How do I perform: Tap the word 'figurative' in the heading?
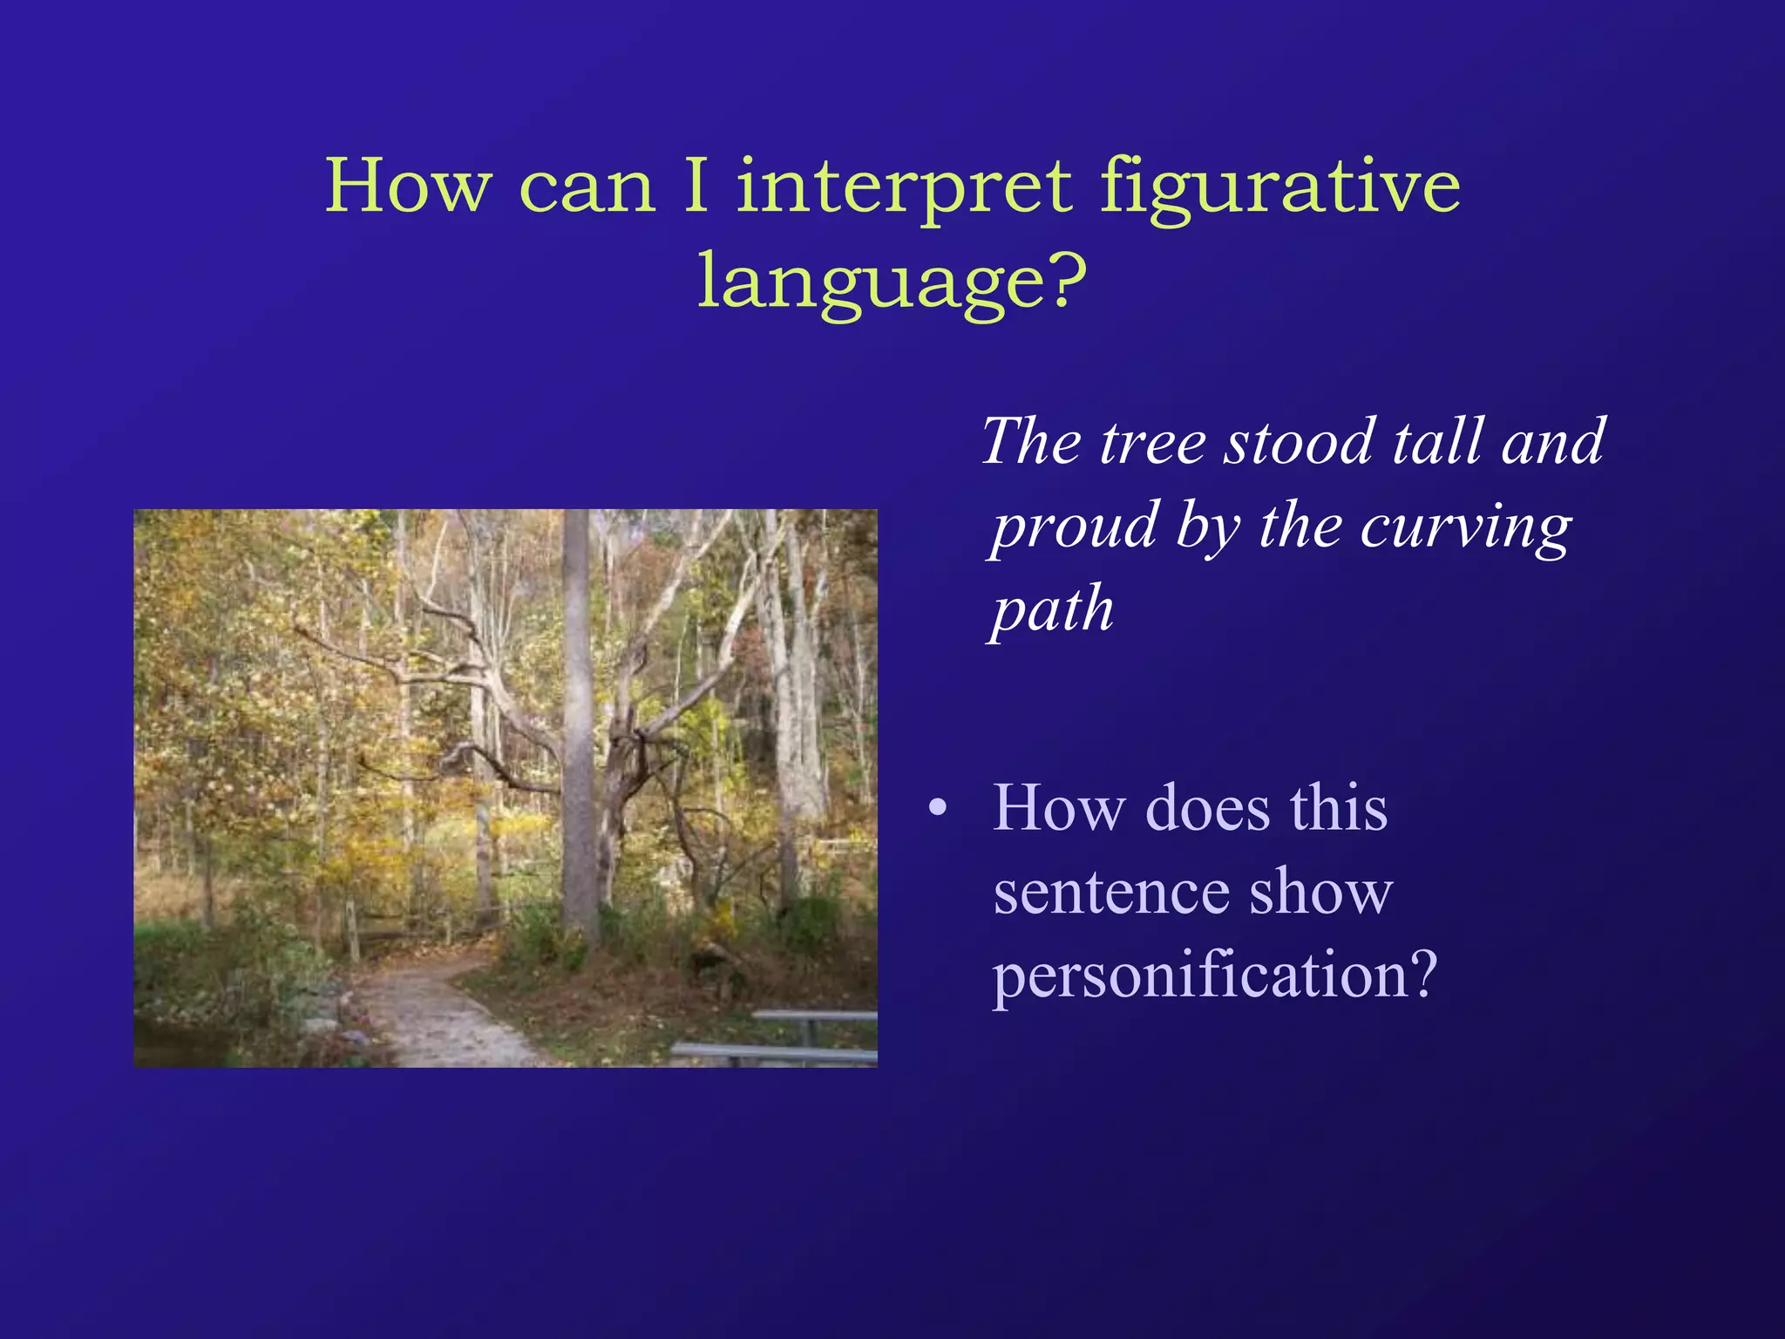point(1279,187)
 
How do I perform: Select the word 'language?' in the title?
point(892,282)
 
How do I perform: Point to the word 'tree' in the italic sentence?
point(1152,442)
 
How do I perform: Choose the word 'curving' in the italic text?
point(1466,527)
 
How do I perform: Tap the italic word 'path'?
point(1053,610)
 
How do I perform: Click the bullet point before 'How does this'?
point(937,808)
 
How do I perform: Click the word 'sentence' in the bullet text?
point(1109,893)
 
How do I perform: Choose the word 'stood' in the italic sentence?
point(1299,442)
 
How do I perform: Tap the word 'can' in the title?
point(587,187)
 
